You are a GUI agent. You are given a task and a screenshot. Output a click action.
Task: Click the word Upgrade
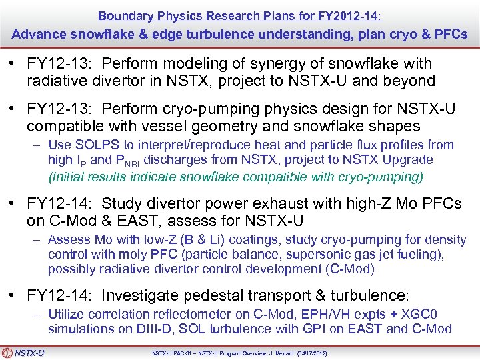pos(401,160)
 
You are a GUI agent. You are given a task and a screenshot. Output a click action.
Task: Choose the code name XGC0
pos(419,315)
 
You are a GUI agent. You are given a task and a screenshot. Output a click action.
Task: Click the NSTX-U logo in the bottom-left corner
pos(23,353)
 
